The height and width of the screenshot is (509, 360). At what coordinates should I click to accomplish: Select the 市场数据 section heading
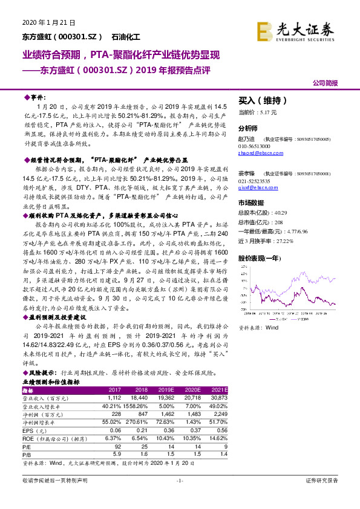pos(251,203)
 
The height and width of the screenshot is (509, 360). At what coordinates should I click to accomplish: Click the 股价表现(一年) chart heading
pos(260,258)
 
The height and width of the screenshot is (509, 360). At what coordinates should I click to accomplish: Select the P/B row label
pos(27,453)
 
